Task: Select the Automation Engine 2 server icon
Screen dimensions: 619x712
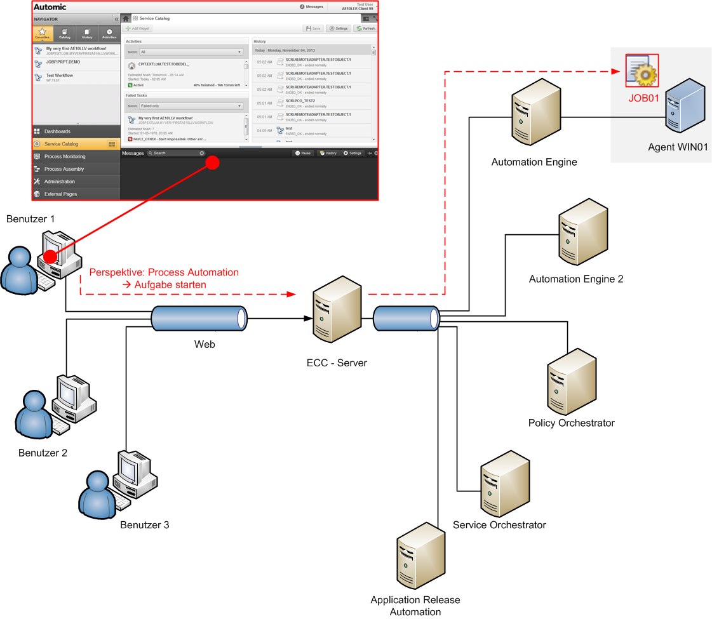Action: point(576,233)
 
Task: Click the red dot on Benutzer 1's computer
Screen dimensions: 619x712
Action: point(48,256)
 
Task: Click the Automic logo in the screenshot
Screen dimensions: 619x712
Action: point(50,8)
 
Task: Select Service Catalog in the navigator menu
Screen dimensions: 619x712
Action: point(62,144)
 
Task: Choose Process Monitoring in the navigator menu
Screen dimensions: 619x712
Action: point(65,156)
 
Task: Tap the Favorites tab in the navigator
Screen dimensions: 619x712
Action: point(42,34)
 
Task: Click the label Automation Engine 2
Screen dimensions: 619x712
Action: point(576,279)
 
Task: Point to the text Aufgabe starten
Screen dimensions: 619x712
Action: point(170,285)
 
